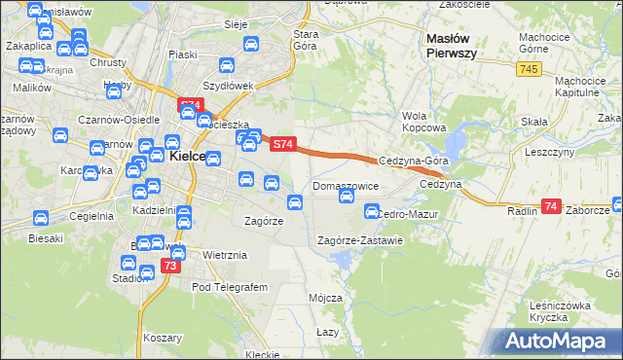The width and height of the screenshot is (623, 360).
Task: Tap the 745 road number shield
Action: coord(529,68)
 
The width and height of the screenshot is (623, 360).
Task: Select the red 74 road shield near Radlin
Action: coord(552,206)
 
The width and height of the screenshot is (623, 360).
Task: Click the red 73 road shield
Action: coord(171,266)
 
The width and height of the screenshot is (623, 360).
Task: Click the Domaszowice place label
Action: coord(345,185)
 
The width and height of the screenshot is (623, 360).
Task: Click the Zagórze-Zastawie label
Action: coord(360,240)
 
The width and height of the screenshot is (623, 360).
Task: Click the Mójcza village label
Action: coord(325,298)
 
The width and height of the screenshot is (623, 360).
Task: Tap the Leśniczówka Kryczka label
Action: coord(561,311)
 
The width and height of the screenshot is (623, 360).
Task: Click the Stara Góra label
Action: coord(308,40)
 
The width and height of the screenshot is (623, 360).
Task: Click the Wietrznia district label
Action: coord(225,255)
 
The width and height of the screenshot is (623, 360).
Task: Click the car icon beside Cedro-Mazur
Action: coord(371,211)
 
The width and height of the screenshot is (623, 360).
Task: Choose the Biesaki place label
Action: coord(46,237)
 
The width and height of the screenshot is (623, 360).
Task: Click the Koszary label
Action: coord(164,337)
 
